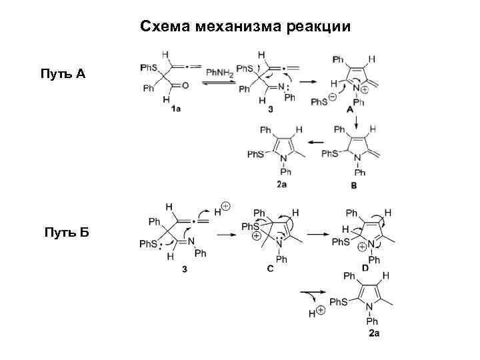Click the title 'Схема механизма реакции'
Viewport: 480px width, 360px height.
[245, 26]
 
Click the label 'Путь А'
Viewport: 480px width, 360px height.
[63, 73]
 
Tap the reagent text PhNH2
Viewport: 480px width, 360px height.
[219, 72]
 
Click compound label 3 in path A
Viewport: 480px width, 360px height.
[271, 110]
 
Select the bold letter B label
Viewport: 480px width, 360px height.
[353, 186]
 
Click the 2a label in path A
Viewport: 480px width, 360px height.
[281, 185]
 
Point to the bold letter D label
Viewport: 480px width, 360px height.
[365, 268]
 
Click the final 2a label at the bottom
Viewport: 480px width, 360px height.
[375, 333]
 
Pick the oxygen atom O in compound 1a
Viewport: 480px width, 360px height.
[185, 85]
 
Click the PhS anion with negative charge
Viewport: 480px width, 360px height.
[321, 101]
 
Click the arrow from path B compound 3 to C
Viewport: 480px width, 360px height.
[229, 234]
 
